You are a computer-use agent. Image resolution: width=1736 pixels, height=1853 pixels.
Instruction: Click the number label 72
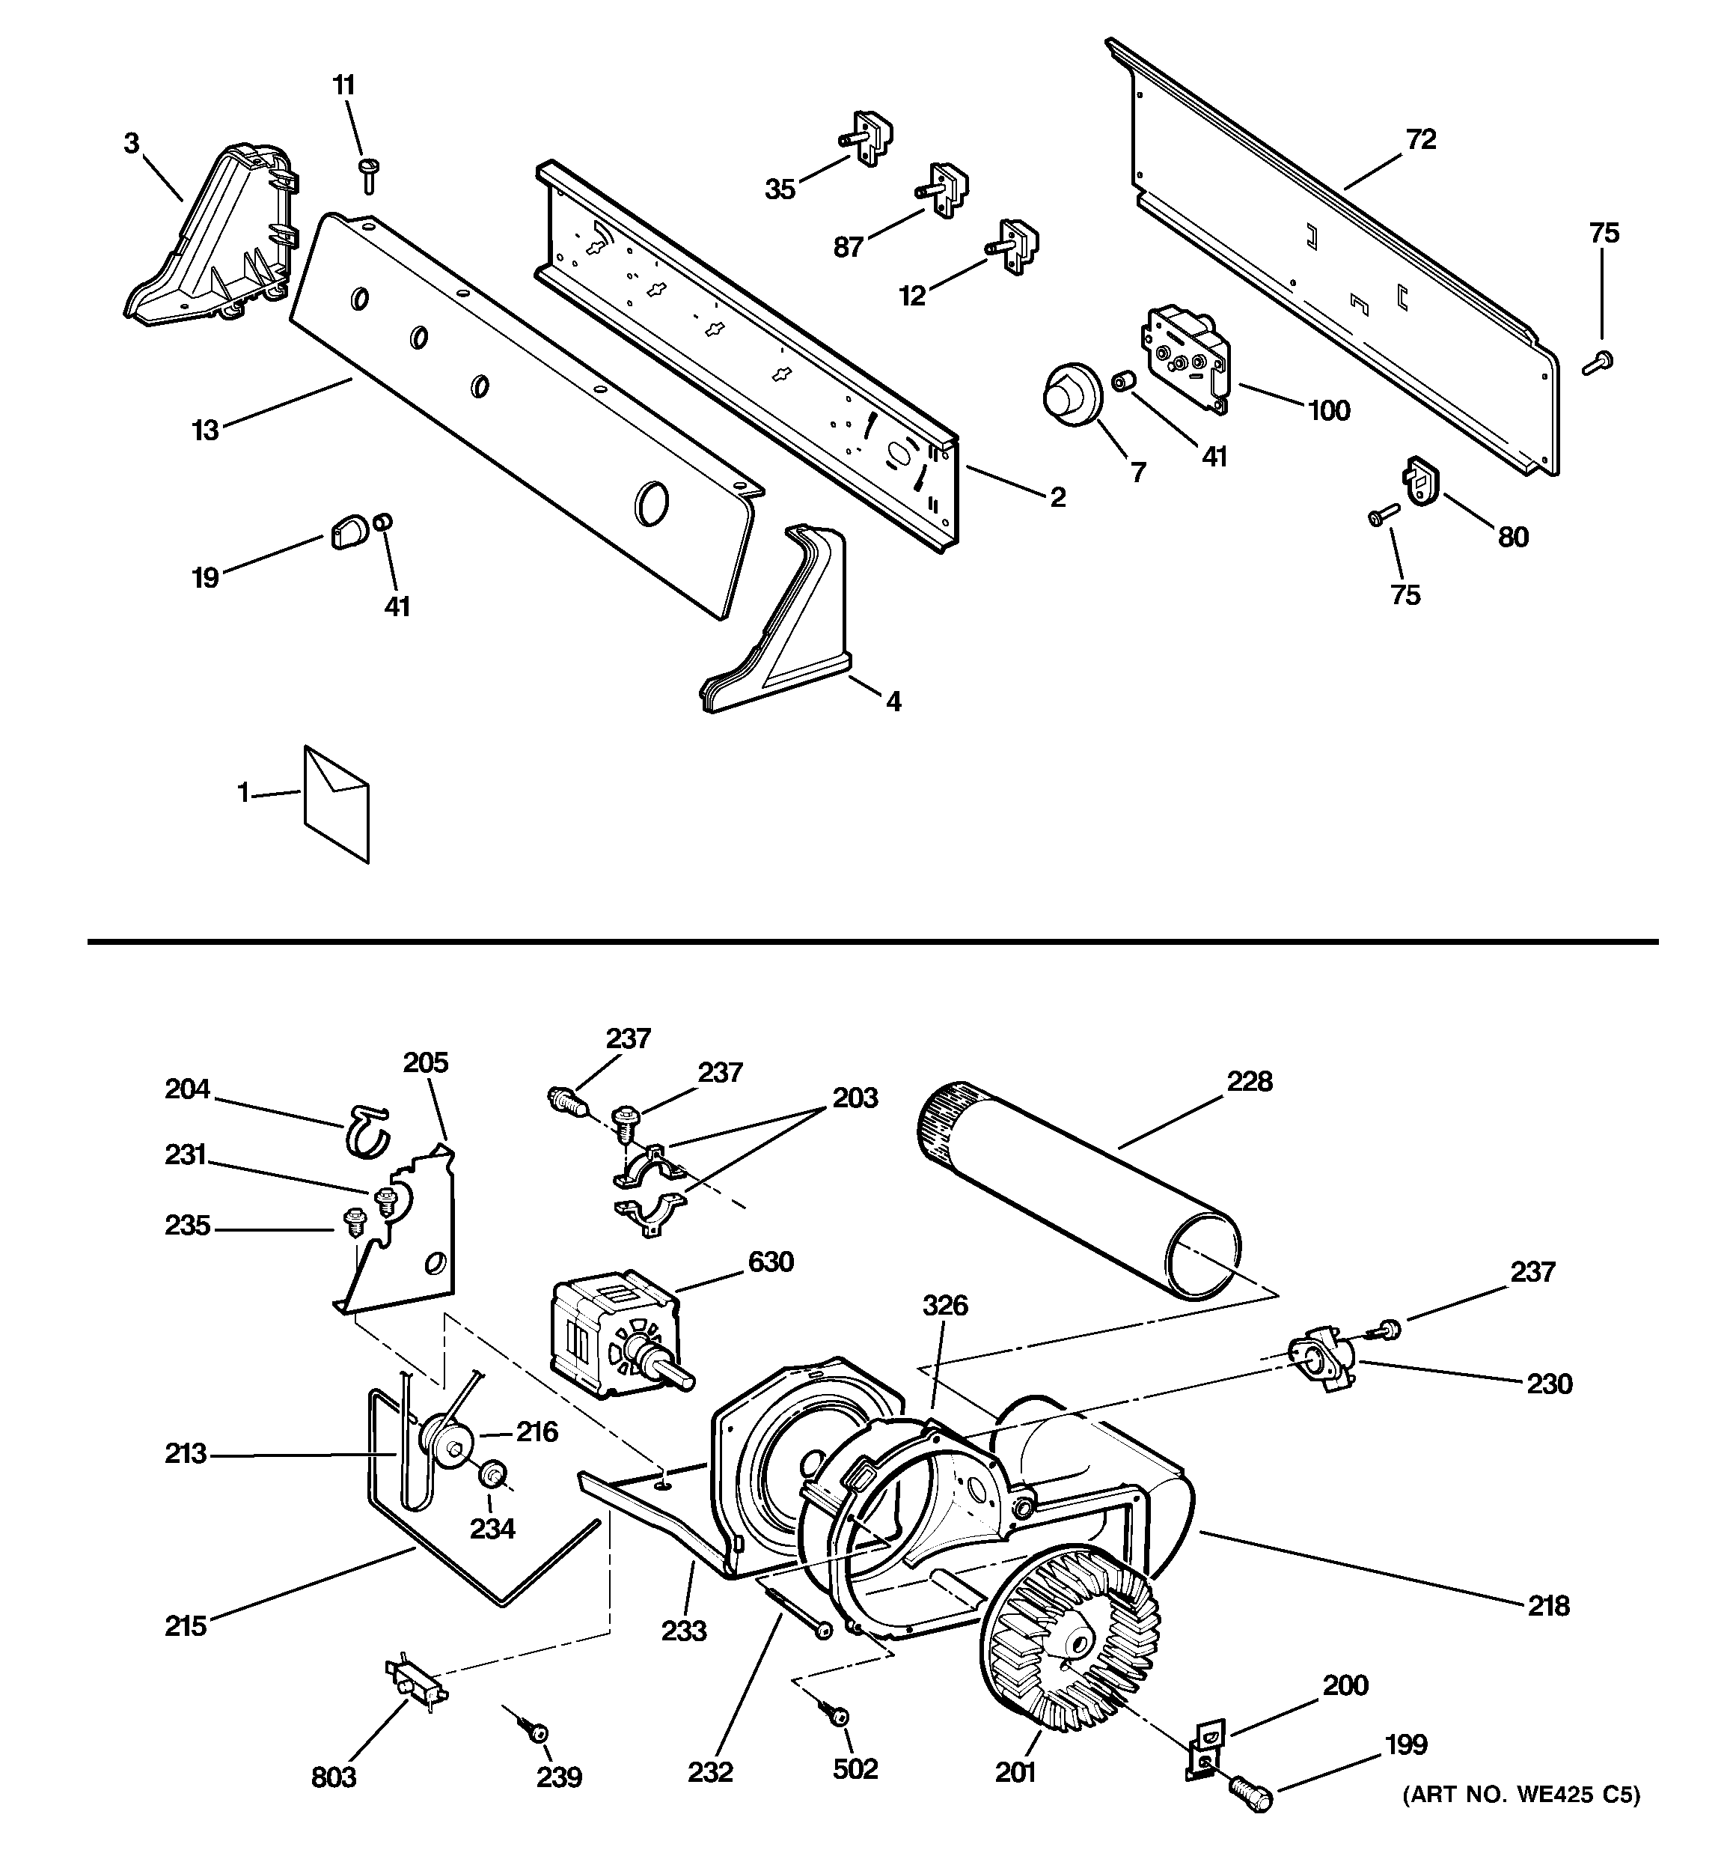pyautogui.click(x=1420, y=140)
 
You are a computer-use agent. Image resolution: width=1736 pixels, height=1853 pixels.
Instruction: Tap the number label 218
pyautogui.click(x=1549, y=1605)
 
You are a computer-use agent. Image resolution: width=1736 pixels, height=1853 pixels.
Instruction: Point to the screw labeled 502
pyautogui.click(x=836, y=1711)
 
